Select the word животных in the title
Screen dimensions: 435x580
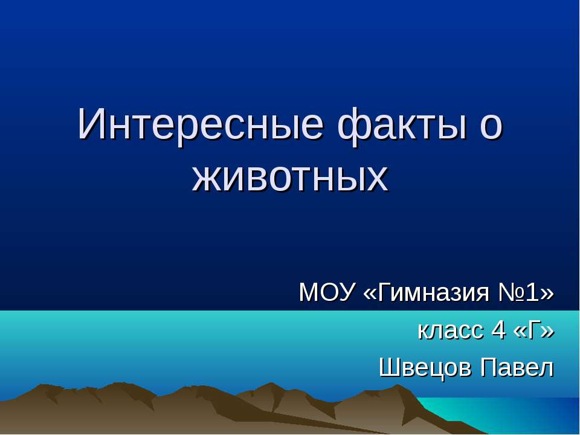(290, 177)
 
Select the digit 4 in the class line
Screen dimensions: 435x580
(498, 330)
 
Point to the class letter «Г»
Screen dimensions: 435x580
(533, 330)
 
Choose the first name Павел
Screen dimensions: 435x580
(517, 367)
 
